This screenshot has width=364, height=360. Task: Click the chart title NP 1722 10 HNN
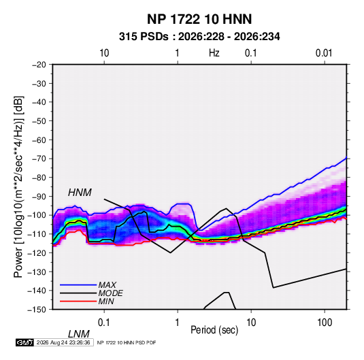point(199,19)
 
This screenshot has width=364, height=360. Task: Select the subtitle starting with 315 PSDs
point(199,37)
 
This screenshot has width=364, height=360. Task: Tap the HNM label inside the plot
point(80,193)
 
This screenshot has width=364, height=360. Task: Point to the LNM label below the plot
point(78,334)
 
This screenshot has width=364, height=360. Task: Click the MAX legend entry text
point(107,284)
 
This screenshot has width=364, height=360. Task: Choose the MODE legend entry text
point(110,293)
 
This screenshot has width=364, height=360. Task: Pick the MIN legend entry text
point(106,301)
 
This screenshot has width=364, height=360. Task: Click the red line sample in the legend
point(78,301)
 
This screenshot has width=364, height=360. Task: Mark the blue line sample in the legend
point(78,284)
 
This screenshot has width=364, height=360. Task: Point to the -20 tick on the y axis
point(39,65)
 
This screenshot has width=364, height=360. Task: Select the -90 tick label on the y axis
point(39,196)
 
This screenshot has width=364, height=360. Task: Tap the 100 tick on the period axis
point(325,323)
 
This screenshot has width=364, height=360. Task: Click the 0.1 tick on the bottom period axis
point(104,323)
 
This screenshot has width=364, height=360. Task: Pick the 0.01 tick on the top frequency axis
point(324,53)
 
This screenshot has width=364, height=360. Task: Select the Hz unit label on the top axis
point(214,53)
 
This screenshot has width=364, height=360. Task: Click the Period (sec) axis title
point(214,330)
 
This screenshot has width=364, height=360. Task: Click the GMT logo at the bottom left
point(25,342)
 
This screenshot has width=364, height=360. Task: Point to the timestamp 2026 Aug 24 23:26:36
point(63,342)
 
